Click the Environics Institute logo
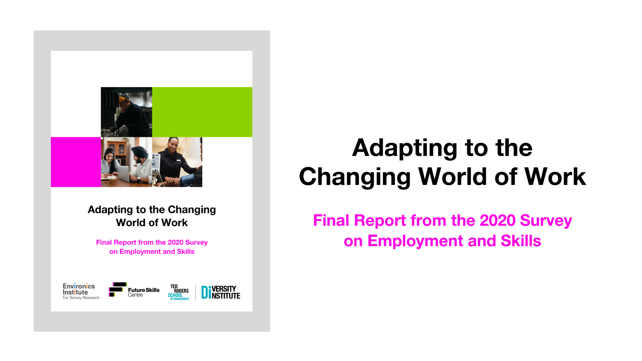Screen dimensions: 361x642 (x=81, y=291)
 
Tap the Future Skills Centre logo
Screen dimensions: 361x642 (x=134, y=290)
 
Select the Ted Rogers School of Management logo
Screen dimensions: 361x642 (x=179, y=292)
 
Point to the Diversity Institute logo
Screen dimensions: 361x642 (x=221, y=292)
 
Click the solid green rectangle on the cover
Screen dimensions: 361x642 (x=202, y=112)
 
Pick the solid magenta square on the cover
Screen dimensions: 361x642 (x=76, y=162)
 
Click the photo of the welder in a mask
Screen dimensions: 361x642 (x=126, y=112)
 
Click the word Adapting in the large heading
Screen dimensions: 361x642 (x=404, y=148)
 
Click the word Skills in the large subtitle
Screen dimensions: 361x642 (x=521, y=241)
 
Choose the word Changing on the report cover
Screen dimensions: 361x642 (x=192, y=210)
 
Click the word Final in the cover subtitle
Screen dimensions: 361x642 (x=104, y=242)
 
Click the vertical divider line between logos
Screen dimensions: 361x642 (x=195, y=292)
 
